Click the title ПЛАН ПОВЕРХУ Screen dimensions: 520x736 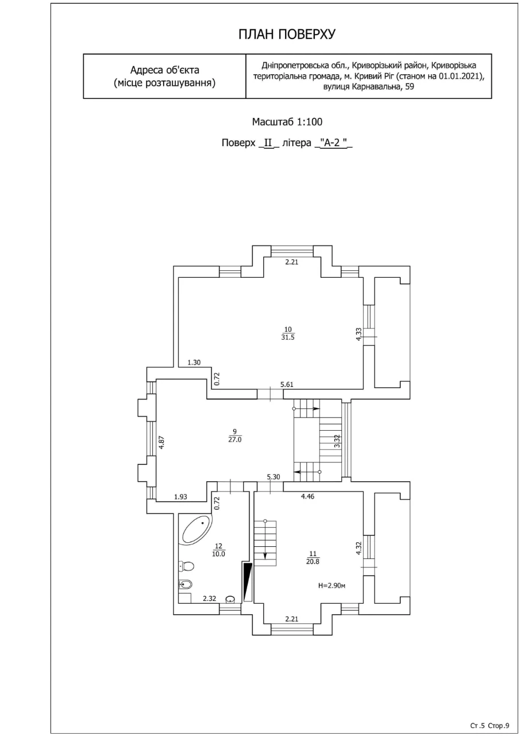287,34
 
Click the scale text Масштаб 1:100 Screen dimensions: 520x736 287,122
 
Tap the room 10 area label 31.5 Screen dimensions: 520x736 287,337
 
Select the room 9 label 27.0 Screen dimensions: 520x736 235,440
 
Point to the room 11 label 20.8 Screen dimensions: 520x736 313,562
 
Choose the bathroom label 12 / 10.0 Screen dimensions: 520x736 218,550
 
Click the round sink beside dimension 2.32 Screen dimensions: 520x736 230,599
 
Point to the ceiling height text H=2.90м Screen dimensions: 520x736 332,585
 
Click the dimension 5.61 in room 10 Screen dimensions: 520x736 287,385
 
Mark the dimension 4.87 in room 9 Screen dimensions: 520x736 161,443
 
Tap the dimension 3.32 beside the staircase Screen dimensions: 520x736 337,441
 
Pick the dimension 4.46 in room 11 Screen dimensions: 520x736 307,496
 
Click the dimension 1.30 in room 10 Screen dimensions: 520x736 194,362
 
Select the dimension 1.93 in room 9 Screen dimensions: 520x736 180,497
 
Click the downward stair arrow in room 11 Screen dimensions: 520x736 265,541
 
